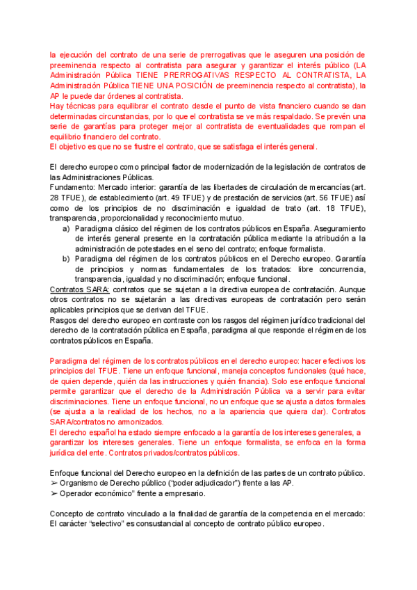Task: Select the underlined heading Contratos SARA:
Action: pos(80,289)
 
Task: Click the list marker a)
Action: pos(66,229)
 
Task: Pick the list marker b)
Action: pos(66,259)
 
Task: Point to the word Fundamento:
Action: pos(72,188)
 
